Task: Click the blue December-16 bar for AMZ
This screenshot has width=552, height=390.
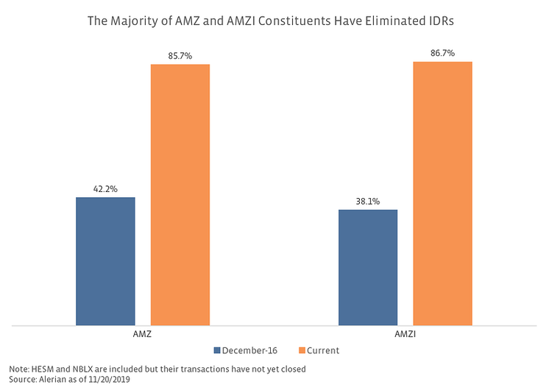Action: [105, 260]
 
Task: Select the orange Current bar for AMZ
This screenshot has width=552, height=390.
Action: [180, 194]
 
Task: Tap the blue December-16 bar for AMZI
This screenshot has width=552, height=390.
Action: [367, 267]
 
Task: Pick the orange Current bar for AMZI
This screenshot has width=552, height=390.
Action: [442, 193]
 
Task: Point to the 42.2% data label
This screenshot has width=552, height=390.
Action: [105, 188]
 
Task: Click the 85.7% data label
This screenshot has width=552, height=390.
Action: [180, 55]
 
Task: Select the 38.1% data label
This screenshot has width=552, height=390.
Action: [367, 201]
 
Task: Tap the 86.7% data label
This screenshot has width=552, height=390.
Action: [442, 53]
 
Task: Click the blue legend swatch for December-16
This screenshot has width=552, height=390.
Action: [218, 351]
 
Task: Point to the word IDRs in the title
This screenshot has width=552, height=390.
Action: [439, 21]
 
